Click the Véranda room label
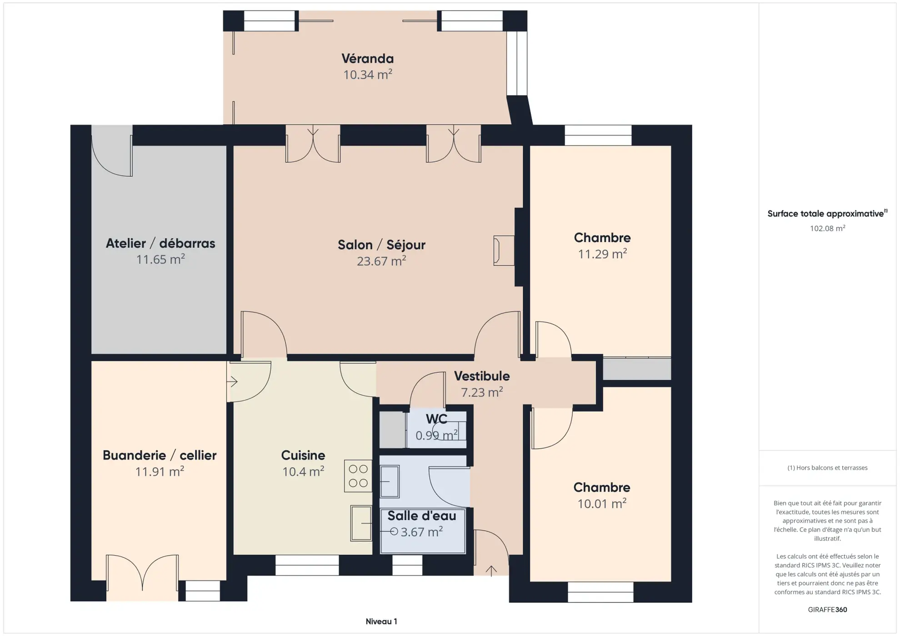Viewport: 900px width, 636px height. tap(367, 59)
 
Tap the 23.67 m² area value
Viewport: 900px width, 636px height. tap(381, 261)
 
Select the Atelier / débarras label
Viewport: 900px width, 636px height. tap(160, 243)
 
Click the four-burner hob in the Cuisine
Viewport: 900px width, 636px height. tap(358, 476)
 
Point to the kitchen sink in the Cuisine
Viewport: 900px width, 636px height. tap(361, 523)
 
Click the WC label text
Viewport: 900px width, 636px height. tap(436, 419)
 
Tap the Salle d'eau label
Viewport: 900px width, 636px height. tap(421, 516)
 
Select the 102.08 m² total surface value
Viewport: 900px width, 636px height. tap(827, 228)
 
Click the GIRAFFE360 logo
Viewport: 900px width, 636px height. tap(827, 610)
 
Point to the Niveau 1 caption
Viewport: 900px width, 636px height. tap(381, 621)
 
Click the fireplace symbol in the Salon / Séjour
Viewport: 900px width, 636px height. tap(504, 250)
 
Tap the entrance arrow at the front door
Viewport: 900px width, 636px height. tap(491, 571)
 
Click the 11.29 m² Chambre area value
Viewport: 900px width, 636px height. tap(602, 254)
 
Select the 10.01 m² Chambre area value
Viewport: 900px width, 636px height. tap(601, 504)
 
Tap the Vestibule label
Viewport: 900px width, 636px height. tap(481, 376)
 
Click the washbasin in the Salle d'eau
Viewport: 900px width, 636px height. tap(389, 481)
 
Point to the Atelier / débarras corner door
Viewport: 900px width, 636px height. tap(112, 152)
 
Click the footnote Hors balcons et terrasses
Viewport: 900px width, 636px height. tap(827, 468)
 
